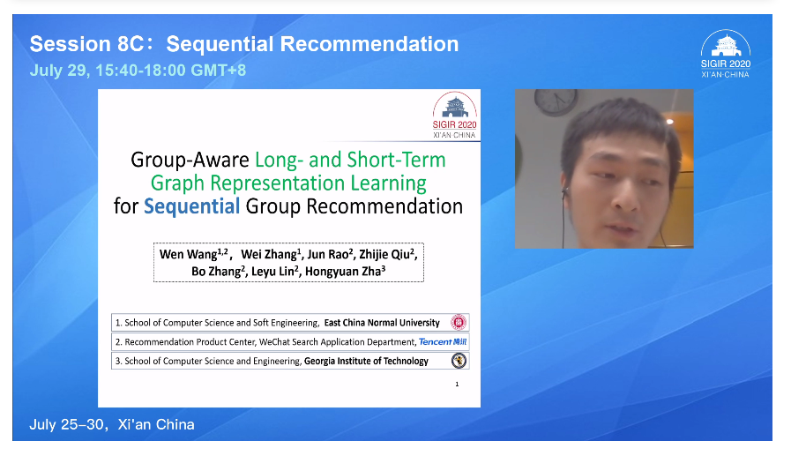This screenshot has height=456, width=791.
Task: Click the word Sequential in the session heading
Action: point(220,44)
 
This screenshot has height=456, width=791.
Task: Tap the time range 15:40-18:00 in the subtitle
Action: point(141,70)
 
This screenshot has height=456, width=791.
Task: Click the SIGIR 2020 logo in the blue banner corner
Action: point(726,54)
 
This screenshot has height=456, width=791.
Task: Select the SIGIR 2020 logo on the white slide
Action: point(454,115)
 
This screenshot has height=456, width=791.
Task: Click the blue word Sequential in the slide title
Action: point(191,206)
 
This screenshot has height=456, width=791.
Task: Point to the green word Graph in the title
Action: point(177,183)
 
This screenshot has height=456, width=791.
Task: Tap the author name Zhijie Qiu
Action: point(387,254)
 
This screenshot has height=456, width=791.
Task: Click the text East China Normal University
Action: point(382,323)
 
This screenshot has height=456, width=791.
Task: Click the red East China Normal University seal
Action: point(458,322)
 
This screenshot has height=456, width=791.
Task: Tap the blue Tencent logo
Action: point(443,342)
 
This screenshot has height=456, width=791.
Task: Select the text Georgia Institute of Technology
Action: point(366,361)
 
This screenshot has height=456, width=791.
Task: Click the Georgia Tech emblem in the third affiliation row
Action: point(459,360)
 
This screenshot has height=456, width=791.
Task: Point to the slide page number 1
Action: point(457,385)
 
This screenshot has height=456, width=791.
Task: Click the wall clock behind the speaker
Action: point(556,102)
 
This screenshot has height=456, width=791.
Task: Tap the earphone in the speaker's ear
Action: point(565,191)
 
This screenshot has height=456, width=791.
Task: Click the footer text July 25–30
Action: point(67,425)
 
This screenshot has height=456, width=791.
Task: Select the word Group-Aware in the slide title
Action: point(190,160)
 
